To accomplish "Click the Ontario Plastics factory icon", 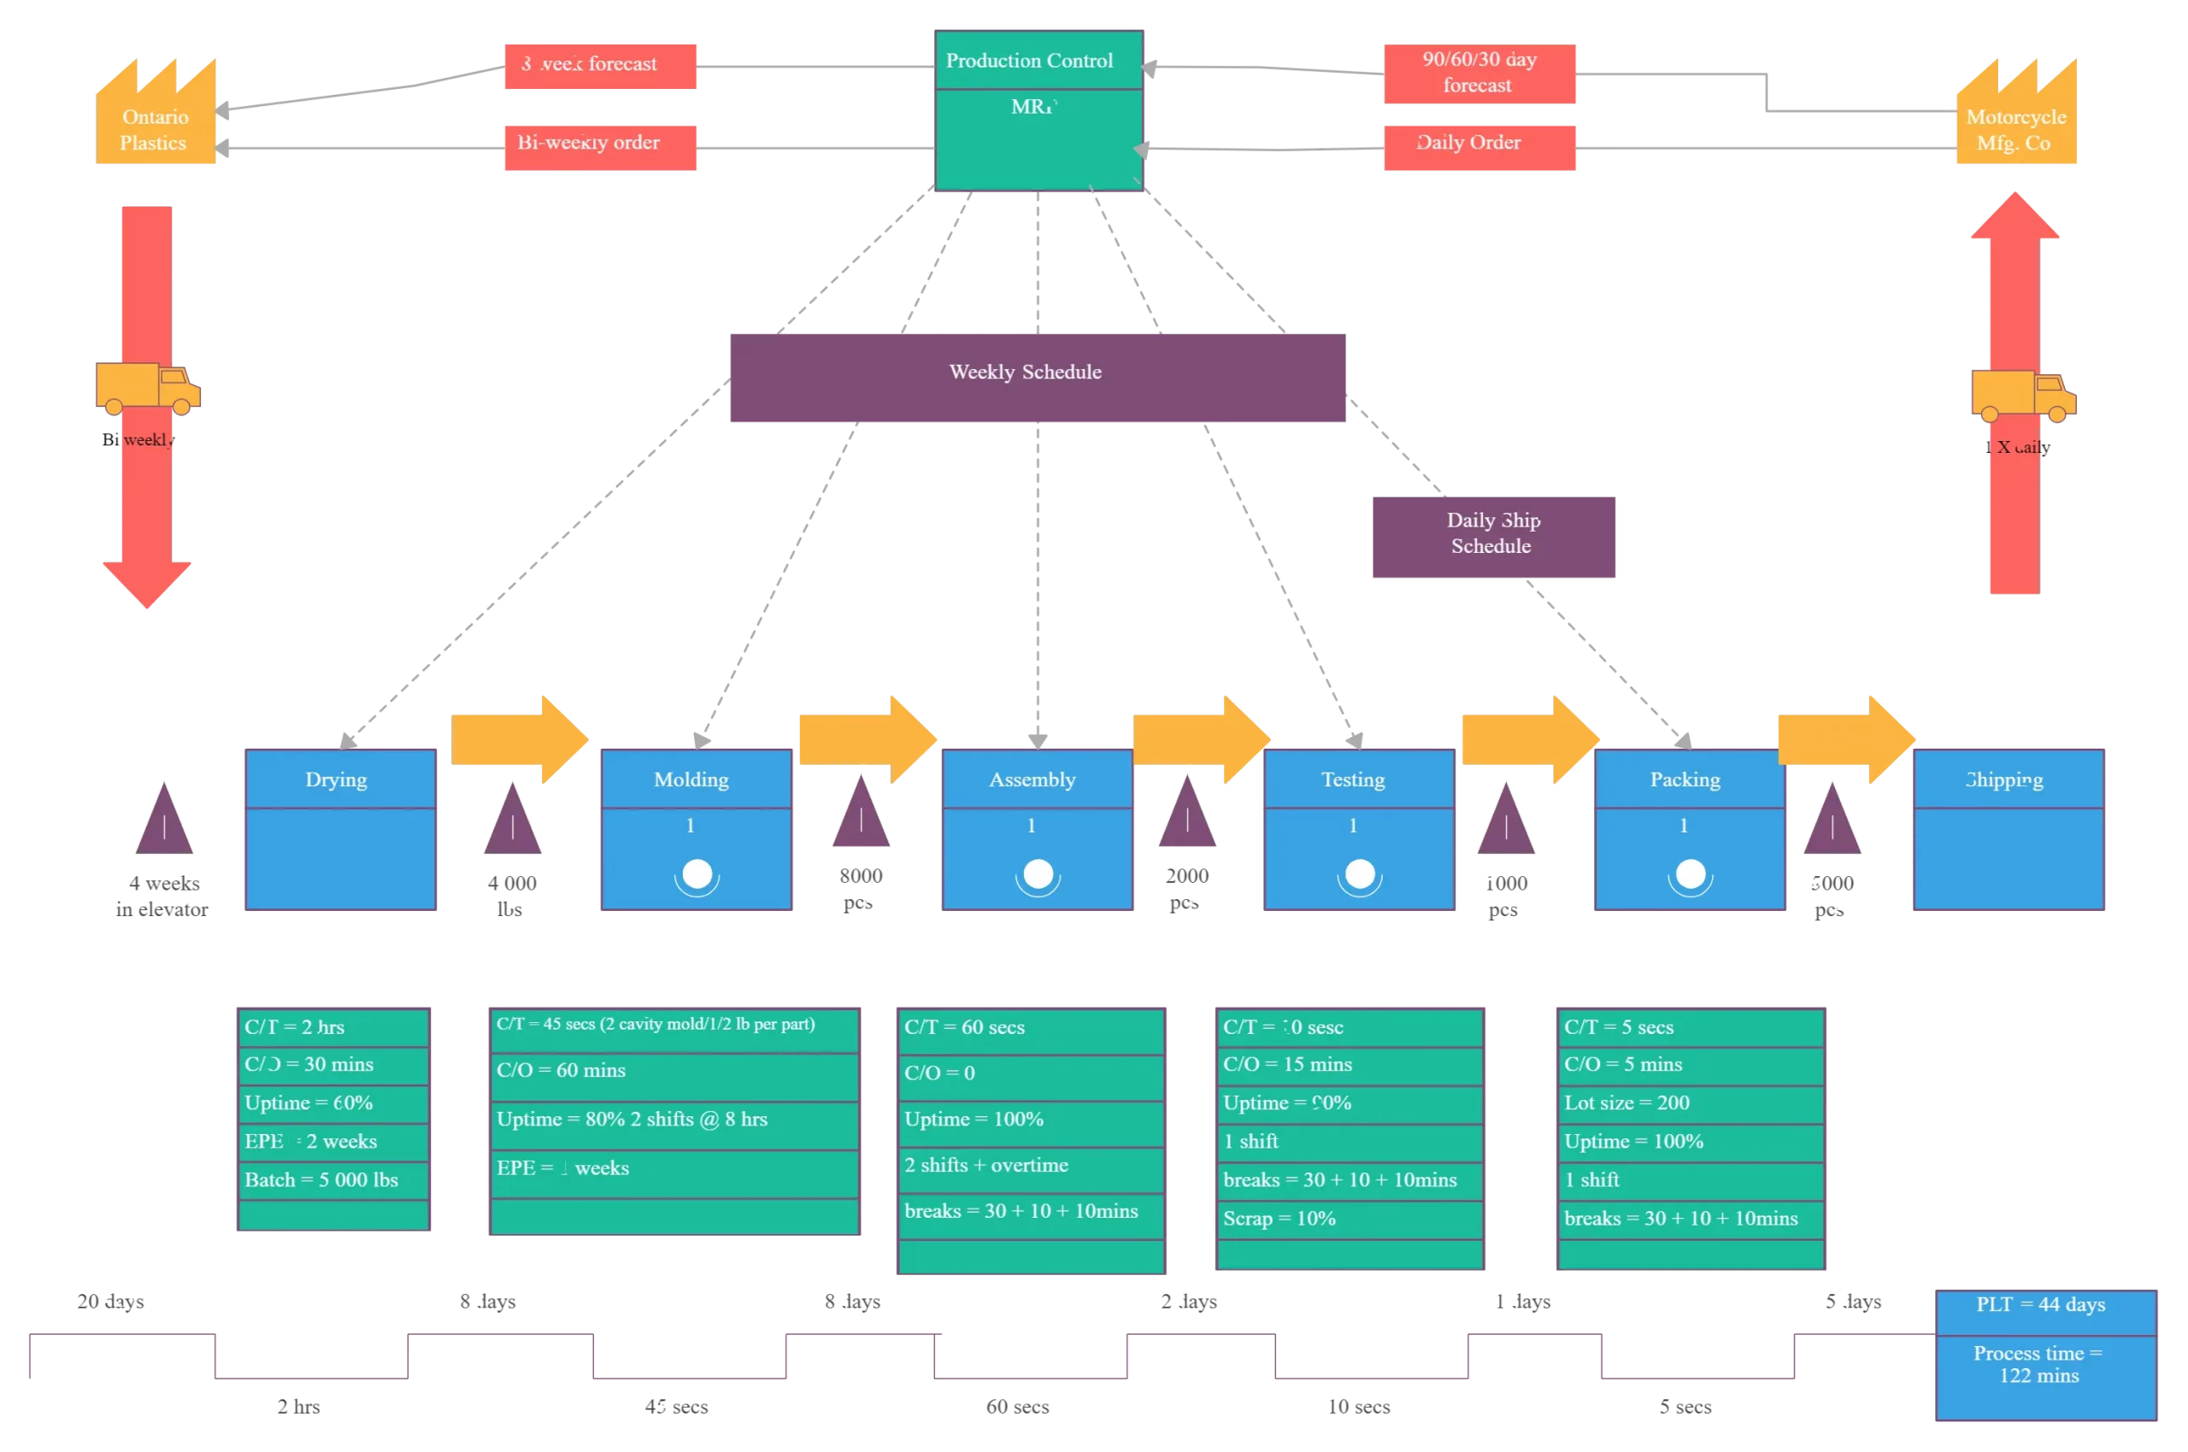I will tap(155, 115).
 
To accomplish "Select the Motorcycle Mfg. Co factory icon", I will tap(2015, 115).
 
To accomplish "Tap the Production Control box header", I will tap(1039, 60).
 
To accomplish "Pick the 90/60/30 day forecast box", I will tap(1479, 73).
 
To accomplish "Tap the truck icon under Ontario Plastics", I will tap(147, 388).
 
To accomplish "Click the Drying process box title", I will tap(340, 779).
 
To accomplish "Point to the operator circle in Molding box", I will tap(697, 874).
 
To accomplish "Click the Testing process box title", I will tap(1358, 779).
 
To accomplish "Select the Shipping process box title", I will tap(2008, 779).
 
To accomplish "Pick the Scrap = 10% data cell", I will tap(1349, 1219).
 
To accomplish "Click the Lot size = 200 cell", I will tap(1690, 1103).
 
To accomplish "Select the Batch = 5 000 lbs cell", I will tap(332, 1179).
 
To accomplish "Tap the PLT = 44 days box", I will tap(2045, 1306).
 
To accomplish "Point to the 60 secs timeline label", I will tap(1017, 1407).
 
